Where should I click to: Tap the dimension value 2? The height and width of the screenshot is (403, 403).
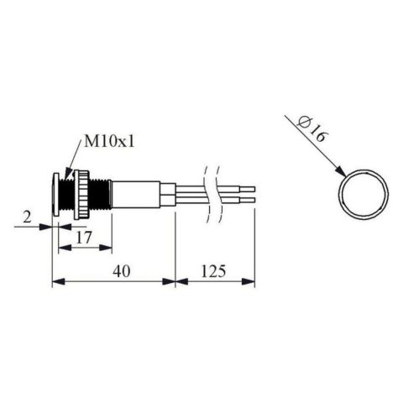click(x=29, y=220)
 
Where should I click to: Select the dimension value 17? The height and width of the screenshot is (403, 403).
click(x=84, y=238)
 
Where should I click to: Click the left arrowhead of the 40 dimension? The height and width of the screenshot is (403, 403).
click(x=56, y=282)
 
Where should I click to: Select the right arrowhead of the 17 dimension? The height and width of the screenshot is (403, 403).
click(x=109, y=249)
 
